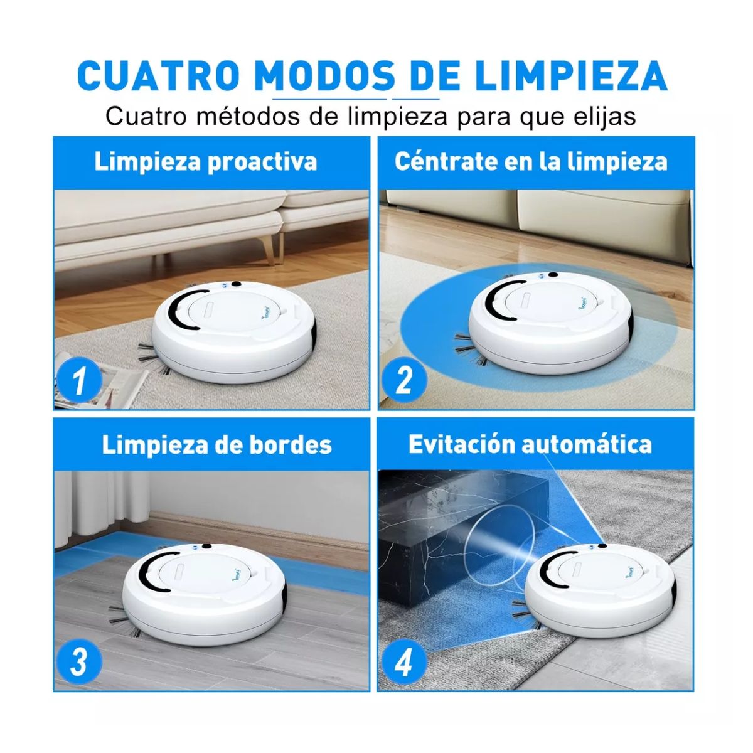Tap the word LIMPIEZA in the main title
click(570, 77)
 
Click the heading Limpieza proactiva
click(206, 162)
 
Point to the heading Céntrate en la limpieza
click(531, 162)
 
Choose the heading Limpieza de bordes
click(216, 445)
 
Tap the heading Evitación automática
click(530, 444)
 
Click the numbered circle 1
click(79, 381)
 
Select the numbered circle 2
click(403, 380)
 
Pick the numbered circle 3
click(79, 663)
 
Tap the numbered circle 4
click(403, 663)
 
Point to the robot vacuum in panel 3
click(204, 596)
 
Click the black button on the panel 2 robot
click(553, 274)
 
